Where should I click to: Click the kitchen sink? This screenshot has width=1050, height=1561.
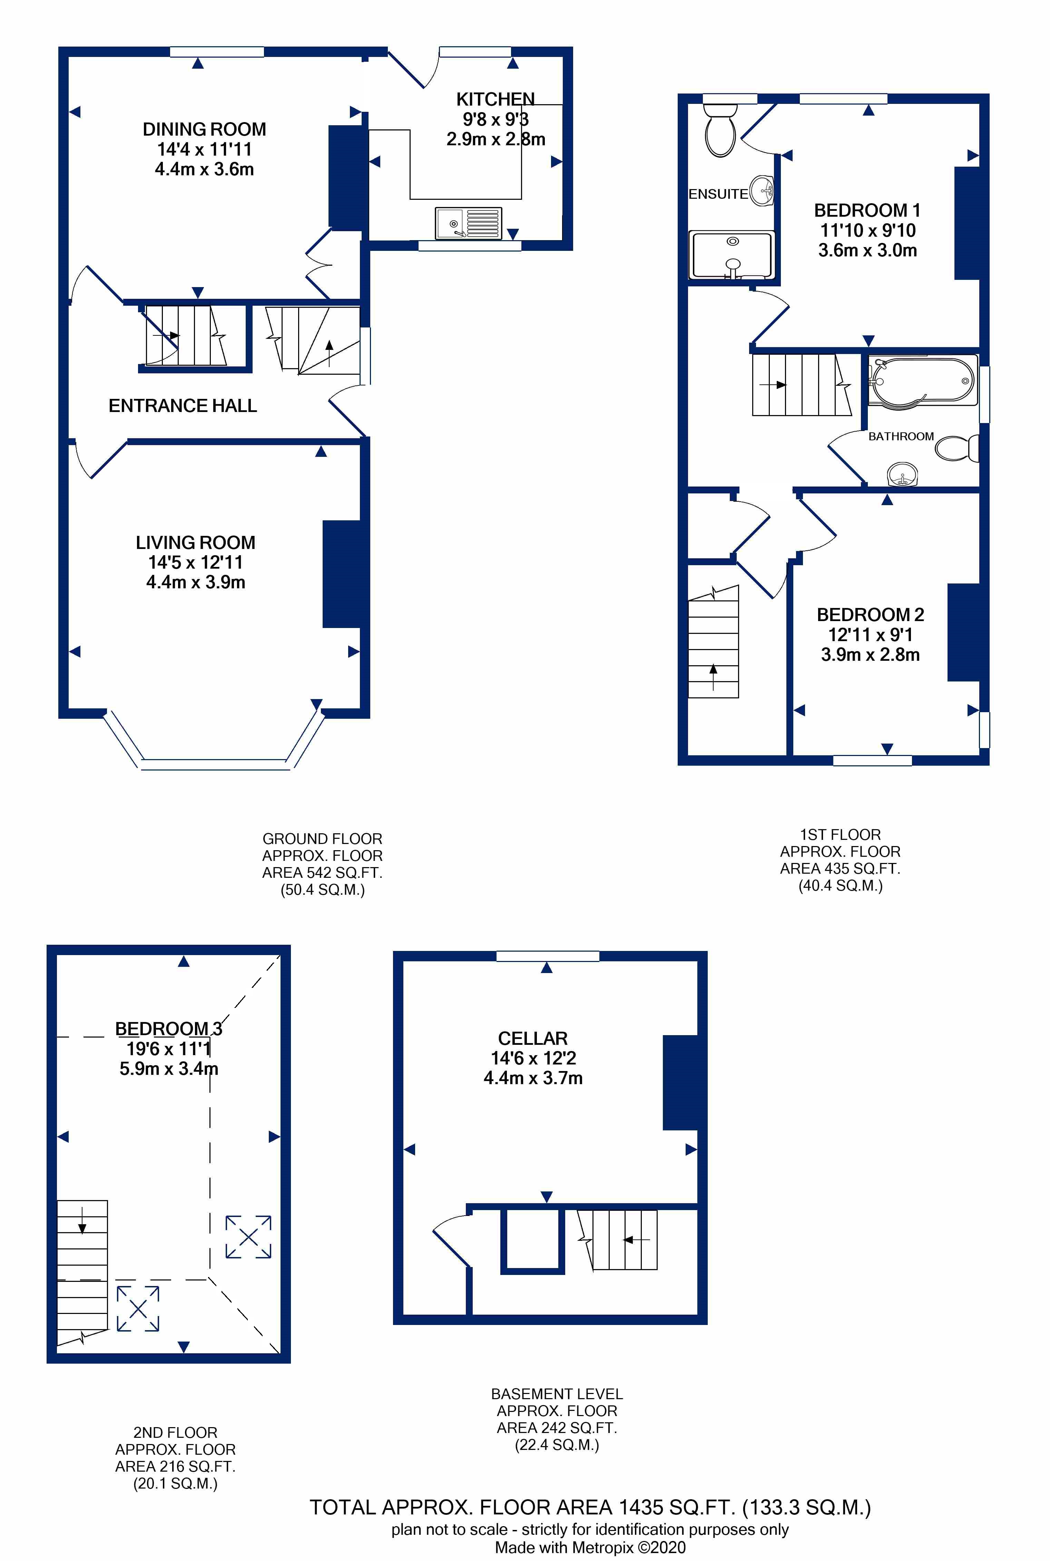(468, 223)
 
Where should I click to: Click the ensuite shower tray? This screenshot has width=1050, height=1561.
(732, 255)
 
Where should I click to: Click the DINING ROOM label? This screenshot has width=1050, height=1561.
(204, 129)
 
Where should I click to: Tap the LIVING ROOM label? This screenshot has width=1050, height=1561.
(196, 542)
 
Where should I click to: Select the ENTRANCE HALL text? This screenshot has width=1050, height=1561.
(183, 406)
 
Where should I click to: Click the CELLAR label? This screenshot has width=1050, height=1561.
(533, 1039)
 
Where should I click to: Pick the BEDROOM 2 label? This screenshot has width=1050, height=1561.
(871, 615)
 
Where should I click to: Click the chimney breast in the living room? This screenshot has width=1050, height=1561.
(342, 574)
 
